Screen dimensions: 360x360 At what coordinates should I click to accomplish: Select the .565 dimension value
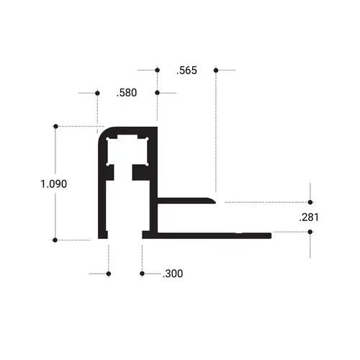pyautogui.click(x=186, y=71)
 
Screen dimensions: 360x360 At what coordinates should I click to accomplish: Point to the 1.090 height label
pyautogui.click(x=54, y=184)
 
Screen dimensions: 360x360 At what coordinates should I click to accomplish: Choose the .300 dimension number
pyautogui.click(x=173, y=274)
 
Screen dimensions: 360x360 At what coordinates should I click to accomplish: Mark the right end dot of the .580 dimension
pyautogui.click(x=157, y=93)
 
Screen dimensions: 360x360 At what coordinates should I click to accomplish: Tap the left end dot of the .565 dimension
pyautogui.click(x=157, y=70)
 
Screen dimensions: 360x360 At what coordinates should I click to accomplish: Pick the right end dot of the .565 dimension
pyautogui.click(x=215, y=70)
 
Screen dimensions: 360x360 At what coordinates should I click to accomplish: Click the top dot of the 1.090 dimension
pyautogui.click(x=55, y=127)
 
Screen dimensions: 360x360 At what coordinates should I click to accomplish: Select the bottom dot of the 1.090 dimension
pyautogui.click(x=55, y=239)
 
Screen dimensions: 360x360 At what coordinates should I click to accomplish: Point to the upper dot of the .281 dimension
pyautogui.click(x=310, y=202)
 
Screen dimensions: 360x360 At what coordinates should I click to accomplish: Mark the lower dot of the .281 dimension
pyautogui.click(x=310, y=232)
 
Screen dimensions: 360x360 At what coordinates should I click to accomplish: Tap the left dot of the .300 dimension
pyautogui.click(x=109, y=274)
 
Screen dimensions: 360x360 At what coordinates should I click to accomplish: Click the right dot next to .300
pyautogui.click(x=142, y=274)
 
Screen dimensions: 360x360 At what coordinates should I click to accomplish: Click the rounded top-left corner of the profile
pyautogui.click(x=103, y=132)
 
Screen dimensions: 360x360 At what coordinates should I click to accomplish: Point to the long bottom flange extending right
pyautogui.click(x=216, y=234)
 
